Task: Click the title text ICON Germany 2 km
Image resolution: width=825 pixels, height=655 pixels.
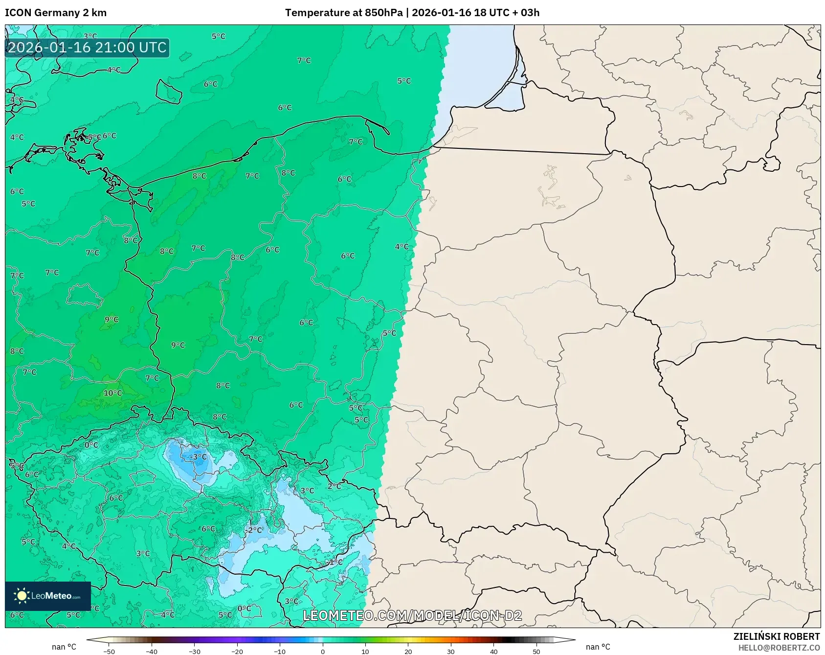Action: point(56,13)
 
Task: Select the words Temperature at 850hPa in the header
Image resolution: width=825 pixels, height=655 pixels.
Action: point(343,13)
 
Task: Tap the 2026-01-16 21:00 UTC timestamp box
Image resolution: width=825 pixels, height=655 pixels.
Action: point(87,47)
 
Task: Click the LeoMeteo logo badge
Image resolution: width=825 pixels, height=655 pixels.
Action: point(48,596)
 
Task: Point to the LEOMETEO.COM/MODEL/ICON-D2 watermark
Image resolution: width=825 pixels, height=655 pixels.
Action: point(412,615)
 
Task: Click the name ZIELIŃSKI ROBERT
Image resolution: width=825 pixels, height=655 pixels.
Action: point(776,636)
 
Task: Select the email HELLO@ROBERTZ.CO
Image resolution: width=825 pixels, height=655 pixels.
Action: point(779,648)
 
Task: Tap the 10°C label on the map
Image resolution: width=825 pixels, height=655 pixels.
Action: point(112,393)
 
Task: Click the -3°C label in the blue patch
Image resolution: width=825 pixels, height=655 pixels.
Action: point(198,457)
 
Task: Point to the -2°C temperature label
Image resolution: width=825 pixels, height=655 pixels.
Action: point(254,530)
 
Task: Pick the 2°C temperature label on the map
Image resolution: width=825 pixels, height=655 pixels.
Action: point(334,486)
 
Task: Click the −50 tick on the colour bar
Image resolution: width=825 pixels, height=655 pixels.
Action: point(109,652)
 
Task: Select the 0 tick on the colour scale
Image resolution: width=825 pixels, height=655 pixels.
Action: point(323,652)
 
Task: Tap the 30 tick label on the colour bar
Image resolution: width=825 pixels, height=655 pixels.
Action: point(451,652)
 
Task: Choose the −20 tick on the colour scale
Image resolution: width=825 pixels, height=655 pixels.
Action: point(237,652)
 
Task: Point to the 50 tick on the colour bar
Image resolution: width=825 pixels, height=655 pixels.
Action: point(536,652)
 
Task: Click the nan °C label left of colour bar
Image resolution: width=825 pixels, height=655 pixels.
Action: point(64,647)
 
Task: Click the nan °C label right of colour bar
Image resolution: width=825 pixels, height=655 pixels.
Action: point(598,647)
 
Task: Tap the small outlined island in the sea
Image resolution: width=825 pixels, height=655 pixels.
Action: point(169,92)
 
